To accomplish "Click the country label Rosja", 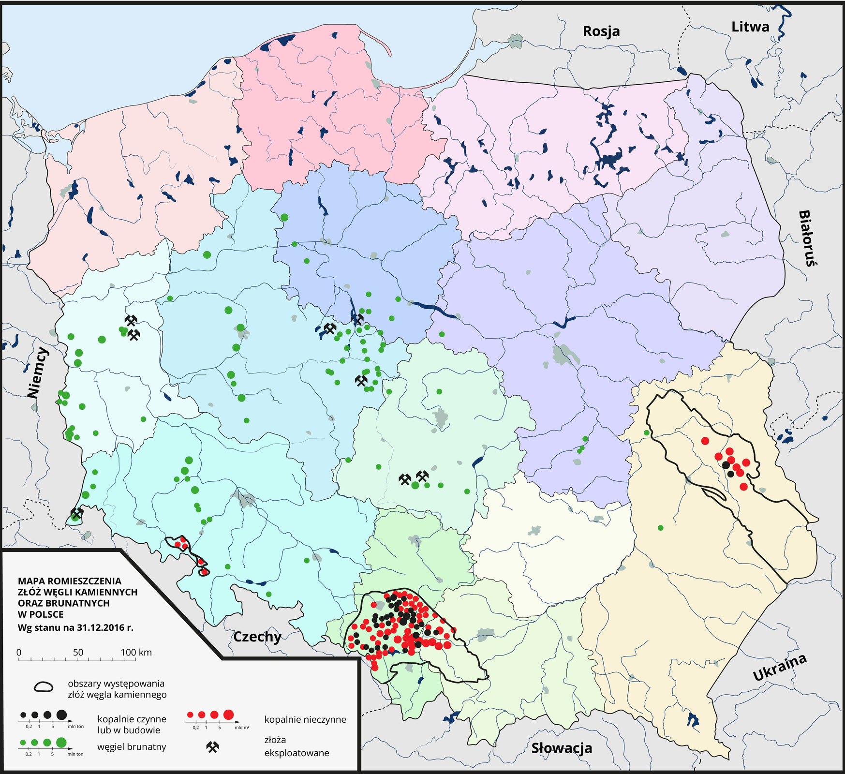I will (601, 31).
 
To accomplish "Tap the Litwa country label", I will (750, 27).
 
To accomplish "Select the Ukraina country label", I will (780, 668).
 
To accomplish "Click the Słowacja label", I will (562, 748).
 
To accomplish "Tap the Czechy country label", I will (257, 636).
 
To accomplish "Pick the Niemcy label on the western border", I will (38, 372).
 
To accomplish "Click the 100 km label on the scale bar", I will (136, 652).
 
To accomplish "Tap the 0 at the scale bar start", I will (19, 652).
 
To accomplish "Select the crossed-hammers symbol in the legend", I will (212, 747).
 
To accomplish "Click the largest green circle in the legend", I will (61, 742).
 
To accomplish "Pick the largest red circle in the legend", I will (228, 714).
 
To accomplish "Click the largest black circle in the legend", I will (61, 714).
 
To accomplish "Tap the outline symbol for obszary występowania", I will (44, 687).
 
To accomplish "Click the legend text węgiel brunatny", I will (132, 747).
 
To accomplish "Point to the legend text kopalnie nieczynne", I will (305, 719).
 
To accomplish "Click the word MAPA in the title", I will (32, 581).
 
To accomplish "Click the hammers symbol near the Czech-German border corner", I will (77, 512).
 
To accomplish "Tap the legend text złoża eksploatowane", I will (296, 746).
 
